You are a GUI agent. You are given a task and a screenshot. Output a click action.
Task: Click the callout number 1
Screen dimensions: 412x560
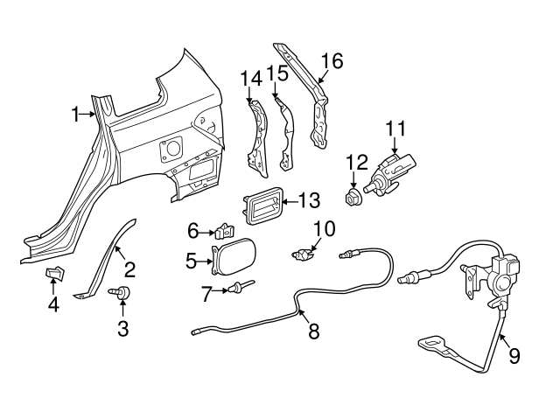pyautogui.click(x=76, y=113)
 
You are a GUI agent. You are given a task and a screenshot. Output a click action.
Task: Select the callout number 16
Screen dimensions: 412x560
pyautogui.click(x=332, y=61)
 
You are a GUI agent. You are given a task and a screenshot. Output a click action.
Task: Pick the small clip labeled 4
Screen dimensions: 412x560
pyautogui.click(x=54, y=276)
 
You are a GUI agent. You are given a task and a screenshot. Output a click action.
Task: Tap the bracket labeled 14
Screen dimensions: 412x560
pyautogui.click(x=255, y=136)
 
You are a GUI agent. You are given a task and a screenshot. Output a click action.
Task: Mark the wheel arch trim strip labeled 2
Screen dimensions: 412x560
pyautogui.click(x=110, y=262)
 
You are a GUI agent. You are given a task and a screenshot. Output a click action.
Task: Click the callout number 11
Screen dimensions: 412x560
pyautogui.click(x=395, y=129)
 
